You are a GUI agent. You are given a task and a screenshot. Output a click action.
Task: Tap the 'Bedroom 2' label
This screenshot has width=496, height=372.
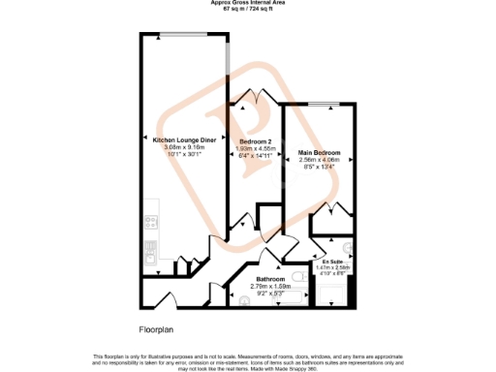pyautogui.click(x=257, y=141)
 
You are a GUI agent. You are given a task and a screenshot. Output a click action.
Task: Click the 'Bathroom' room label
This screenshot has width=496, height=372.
pyautogui.click(x=264, y=278)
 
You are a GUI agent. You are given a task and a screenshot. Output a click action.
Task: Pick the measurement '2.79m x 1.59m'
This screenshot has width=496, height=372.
pyautogui.click(x=264, y=286)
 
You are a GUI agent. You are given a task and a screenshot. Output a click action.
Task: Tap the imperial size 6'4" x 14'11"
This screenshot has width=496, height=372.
pyautogui.click(x=257, y=155)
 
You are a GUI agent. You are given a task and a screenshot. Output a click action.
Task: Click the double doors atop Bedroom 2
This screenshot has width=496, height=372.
pyautogui.click(x=256, y=96)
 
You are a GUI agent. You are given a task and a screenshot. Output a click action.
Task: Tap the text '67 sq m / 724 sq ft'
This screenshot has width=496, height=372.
pyautogui.click(x=249, y=10)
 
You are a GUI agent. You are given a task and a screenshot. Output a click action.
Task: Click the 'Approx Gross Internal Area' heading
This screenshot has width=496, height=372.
pyautogui.click(x=249, y=3)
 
